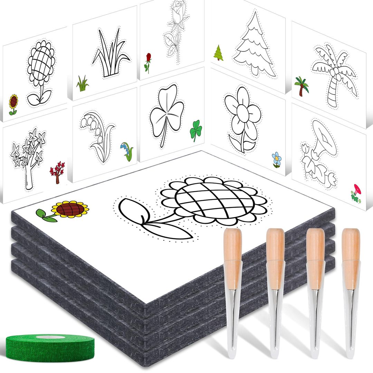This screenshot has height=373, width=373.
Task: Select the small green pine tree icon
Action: (218, 52)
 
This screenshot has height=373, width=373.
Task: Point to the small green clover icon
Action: (196, 130)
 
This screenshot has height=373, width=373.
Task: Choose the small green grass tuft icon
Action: (82, 84)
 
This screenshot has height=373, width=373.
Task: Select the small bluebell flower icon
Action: (127, 152)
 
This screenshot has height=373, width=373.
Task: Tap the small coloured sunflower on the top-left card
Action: (13, 103)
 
